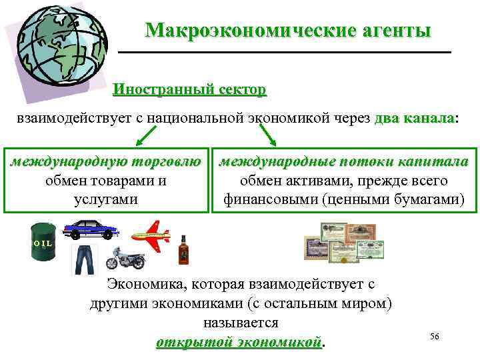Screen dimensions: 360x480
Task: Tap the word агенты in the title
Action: point(393,31)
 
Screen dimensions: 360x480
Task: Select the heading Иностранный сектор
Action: point(189,89)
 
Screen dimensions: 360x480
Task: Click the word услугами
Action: point(106,199)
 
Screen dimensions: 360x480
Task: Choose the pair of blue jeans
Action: point(84,259)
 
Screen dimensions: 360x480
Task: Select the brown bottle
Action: point(183,251)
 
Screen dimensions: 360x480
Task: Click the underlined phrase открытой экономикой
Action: point(238,341)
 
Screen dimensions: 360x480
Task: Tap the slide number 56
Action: point(435,337)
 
